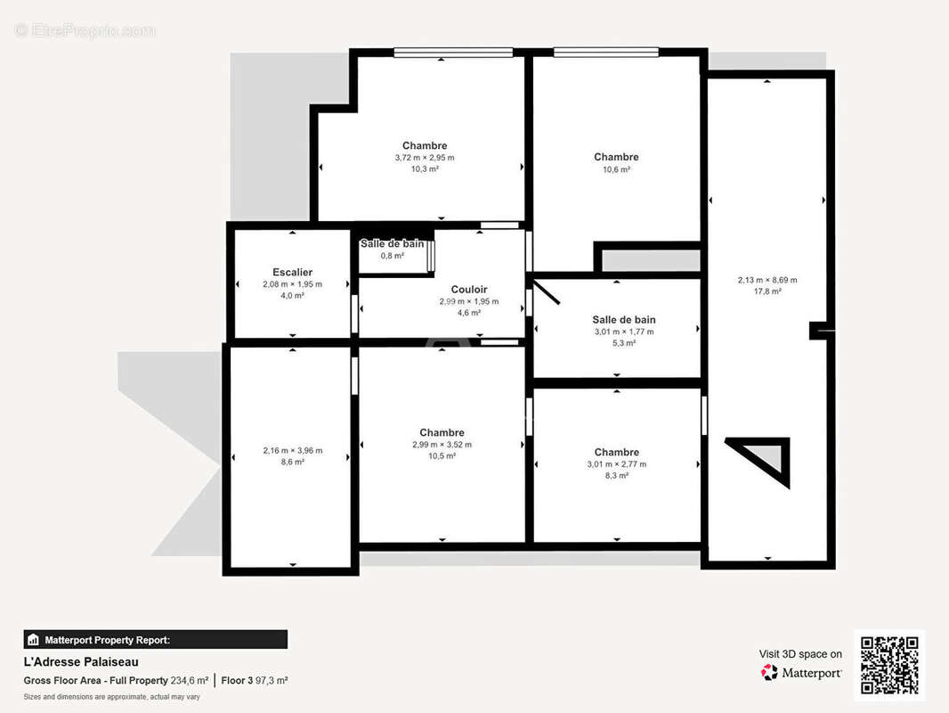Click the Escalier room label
click(x=292, y=273)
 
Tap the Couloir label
click(x=469, y=290)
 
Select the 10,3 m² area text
click(x=425, y=169)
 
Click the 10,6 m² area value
click(x=616, y=169)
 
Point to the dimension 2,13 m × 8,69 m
click(x=767, y=280)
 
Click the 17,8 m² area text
click(x=767, y=291)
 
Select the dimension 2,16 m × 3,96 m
click(x=292, y=451)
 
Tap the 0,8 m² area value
click(x=393, y=256)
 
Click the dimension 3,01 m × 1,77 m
click(x=624, y=332)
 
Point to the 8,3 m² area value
click(x=617, y=476)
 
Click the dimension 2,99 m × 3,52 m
click(x=442, y=445)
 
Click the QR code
click(x=889, y=665)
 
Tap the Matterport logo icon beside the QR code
click(x=769, y=672)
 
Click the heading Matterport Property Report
click(x=107, y=640)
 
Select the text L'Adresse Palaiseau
click(x=81, y=662)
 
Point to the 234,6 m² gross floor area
click(x=190, y=680)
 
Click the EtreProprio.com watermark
click(x=85, y=30)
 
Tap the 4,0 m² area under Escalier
click(x=292, y=296)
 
